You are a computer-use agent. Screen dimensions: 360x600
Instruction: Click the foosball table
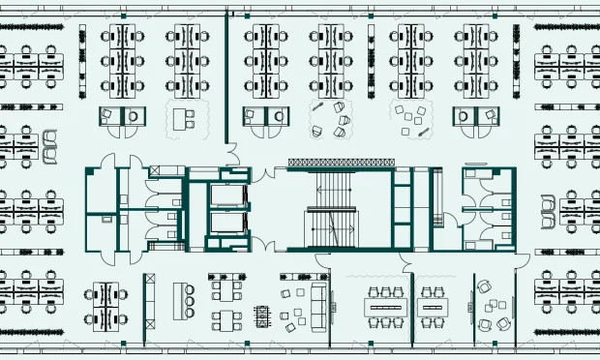coord(262,315)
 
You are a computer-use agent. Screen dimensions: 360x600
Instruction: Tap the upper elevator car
coord(228,197)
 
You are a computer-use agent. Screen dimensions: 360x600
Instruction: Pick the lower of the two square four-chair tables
coord(227,319)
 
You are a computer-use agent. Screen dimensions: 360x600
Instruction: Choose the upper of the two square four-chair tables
coord(228,289)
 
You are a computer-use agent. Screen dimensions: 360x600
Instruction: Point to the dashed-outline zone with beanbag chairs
coord(331,117)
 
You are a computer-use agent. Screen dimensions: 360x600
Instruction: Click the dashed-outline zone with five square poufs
coord(414,118)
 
